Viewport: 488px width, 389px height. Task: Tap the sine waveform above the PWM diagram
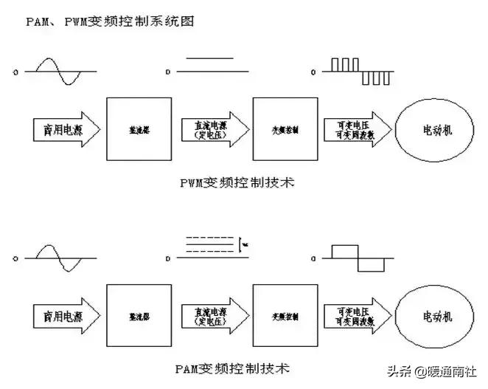[x=60, y=72]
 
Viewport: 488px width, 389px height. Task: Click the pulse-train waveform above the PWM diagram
[x=358, y=72]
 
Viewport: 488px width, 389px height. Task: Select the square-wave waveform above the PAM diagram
[x=357, y=258]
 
